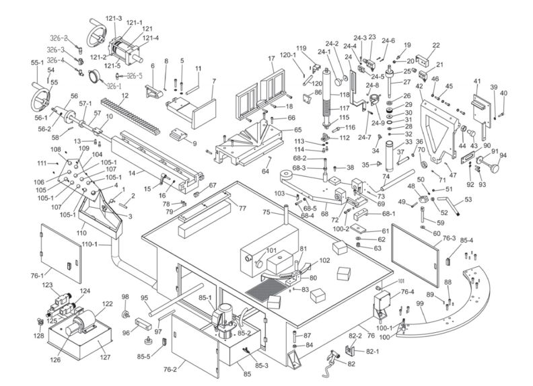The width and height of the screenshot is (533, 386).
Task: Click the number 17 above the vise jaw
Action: (x=272, y=59)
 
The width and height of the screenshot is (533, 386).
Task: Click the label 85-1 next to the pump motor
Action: (x=204, y=299)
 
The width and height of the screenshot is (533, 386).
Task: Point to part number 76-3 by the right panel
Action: (x=449, y=239)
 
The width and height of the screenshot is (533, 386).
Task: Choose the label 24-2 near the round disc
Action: (x=332, y=44)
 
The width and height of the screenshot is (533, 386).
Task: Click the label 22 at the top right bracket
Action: (x=436, y=45)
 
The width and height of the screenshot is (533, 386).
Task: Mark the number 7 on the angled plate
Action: (x=213, y=81)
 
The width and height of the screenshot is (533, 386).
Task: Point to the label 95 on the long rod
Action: (x=143, y=298)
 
